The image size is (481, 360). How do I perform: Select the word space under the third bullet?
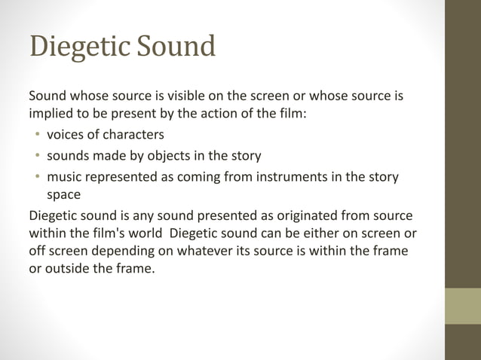click(63, 194)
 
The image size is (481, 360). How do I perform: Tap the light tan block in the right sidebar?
click(463, 306)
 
